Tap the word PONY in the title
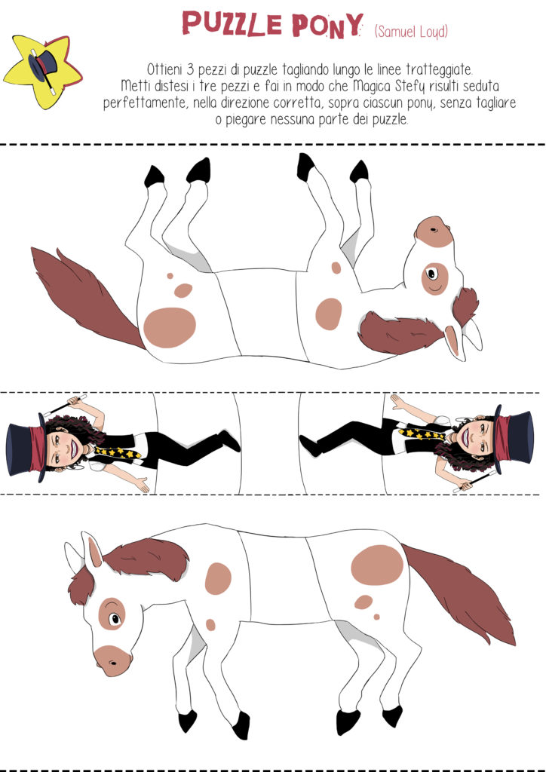(x=327, y=25)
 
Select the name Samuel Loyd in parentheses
(x=411, y=32)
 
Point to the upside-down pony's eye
(x=432, y=274)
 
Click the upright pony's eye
(x=114, y=618)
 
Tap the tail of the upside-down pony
(x=84, y=296)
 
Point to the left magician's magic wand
(x=64, y=406)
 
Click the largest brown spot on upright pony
(x=377, y=565)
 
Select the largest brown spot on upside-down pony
(x=170, y=327)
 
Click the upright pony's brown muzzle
(x=113, y=660)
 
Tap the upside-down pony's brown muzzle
(x=434, y=232)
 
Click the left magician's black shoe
(x=230, y=440)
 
